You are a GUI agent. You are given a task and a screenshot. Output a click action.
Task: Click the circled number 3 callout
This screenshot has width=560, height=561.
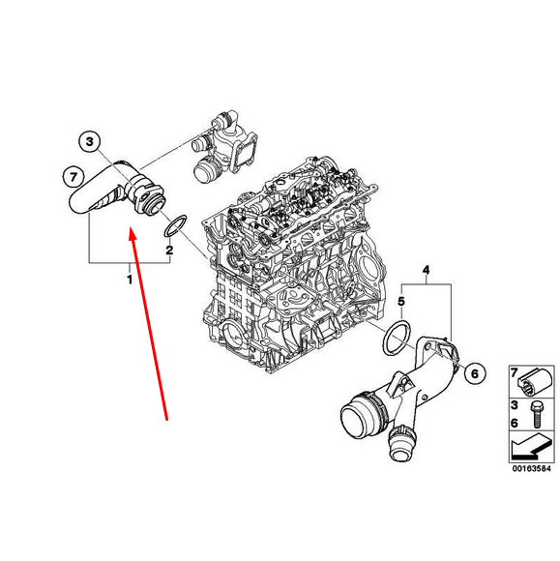pos(89,143)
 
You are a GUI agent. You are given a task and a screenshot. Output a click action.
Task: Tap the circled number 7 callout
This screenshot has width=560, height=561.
pos(71,177)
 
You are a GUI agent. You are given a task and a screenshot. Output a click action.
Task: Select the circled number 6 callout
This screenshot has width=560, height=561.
pos(473,372)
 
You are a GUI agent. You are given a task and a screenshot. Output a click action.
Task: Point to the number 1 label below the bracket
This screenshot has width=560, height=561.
pos(130,280)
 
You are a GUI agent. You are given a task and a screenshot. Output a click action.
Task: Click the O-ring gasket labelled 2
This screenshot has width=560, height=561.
pos(175,227)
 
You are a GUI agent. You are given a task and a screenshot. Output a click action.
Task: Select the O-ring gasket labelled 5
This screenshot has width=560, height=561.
pos(394,340)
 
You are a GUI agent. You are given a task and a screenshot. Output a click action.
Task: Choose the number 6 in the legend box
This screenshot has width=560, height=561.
pos(515,424)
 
